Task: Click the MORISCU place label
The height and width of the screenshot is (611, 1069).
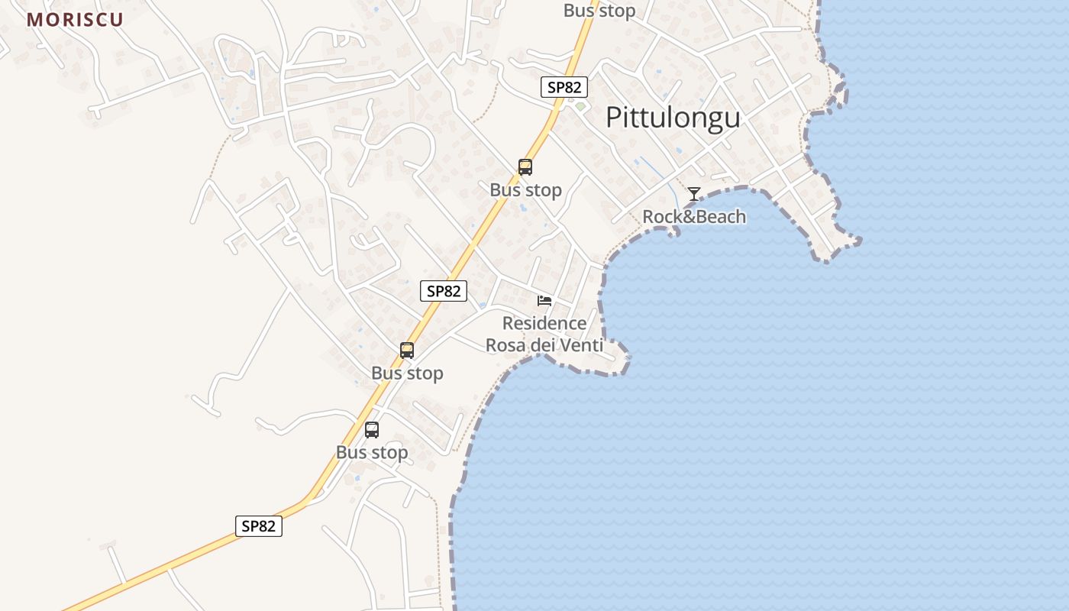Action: pos(75,20)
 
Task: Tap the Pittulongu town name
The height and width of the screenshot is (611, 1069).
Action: pos(673,118)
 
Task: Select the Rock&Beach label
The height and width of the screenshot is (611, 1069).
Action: pos(693,216)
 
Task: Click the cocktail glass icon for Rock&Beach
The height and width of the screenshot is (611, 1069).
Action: pos(693,194)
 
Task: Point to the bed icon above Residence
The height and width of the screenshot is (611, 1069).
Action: pos(544,300)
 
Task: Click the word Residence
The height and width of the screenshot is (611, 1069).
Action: pos(544,323)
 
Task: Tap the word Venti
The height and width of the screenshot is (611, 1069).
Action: pos(582,345)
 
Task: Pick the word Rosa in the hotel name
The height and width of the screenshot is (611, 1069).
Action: pos(506,345)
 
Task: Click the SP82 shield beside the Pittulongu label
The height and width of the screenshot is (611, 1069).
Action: pos(564,87)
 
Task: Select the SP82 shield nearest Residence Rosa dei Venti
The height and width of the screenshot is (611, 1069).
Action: pos(444,291)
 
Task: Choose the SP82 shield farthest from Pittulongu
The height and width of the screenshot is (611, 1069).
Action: pos(258,525)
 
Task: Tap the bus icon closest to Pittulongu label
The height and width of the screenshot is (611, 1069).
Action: pos(525,167)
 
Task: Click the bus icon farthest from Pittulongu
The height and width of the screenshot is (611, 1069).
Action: pos(372,430)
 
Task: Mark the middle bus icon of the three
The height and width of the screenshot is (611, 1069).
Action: pos(407,351)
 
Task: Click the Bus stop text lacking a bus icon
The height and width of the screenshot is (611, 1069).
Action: pos(599,11)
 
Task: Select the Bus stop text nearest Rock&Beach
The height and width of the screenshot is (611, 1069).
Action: pos(526,189)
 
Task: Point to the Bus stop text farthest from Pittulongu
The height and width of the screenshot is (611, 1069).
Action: pos(372,452)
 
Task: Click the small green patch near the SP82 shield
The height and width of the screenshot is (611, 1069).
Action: pos(580,106)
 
